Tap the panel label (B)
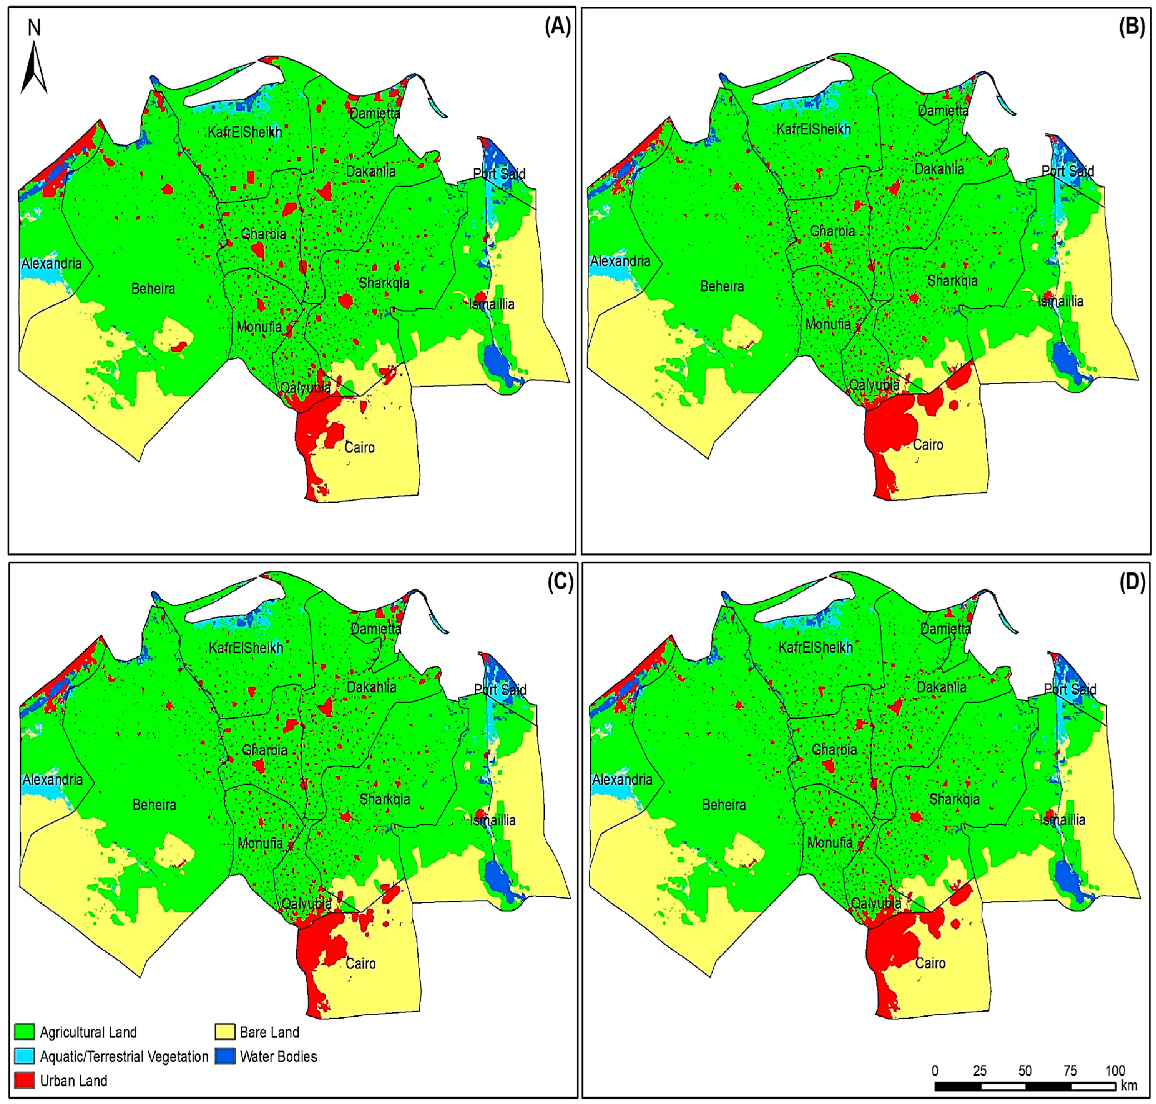coord(1131,27)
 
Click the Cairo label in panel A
coord(359,447)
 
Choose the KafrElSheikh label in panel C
coord(246,648)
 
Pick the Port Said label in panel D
coord(1070,689)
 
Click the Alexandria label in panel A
coord(52,263)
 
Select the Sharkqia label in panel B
coord(952,281)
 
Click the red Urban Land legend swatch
coord(24,1081)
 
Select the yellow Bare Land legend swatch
coord(225,1032)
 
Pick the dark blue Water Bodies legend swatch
coord(225,1056)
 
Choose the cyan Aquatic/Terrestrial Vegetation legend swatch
coord(24,1056)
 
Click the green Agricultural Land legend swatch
coord(24,1032)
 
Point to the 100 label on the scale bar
coord(1115,1070)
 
